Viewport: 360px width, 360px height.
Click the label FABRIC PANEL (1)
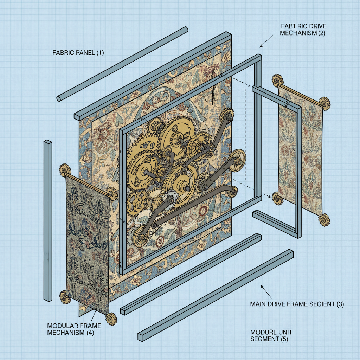click(78, 53)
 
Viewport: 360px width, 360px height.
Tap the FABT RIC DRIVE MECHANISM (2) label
click(303, 30)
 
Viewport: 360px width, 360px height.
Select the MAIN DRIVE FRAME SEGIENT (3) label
click(297, 304)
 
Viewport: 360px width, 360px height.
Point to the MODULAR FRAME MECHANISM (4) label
click(74, 329)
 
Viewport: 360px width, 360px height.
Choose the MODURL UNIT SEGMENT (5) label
click(271, 335)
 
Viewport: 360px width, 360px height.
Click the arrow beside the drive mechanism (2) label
click(266, 41)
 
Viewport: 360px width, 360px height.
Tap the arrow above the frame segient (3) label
click(266, 291)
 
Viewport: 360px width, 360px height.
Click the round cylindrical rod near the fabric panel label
click(122, 64)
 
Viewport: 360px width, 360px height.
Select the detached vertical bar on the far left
click(48, 221)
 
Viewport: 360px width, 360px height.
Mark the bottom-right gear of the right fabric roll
click(324, 219)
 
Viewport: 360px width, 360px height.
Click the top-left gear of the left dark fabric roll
click(64, 170)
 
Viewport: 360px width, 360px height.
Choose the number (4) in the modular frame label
click(90, 333)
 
